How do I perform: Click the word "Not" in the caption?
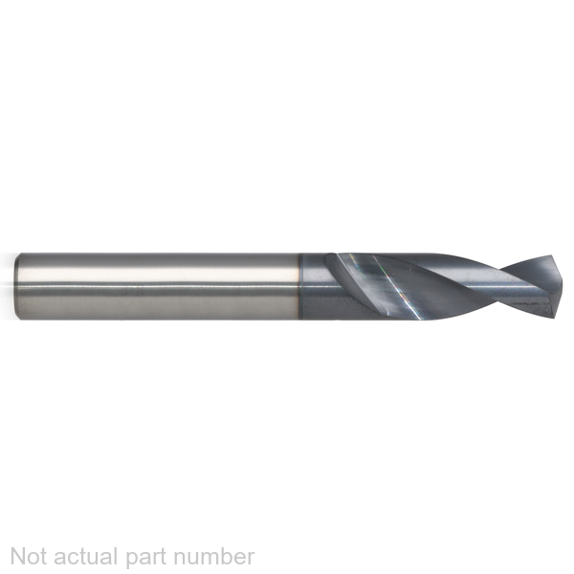pyautogui.click(x=30, y=557)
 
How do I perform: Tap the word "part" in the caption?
pyautogui.click(x=146, y=559)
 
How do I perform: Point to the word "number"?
pyautogui.click(x=213, y=557)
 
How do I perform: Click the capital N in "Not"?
pyautogui.click(x=18, y=557)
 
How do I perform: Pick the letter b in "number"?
pyautogui.click(x=221, y=557)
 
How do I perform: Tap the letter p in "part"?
pyautogui.click(x=133, y=560)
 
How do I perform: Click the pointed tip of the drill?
pyautogui.click(x=560, y=286)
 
